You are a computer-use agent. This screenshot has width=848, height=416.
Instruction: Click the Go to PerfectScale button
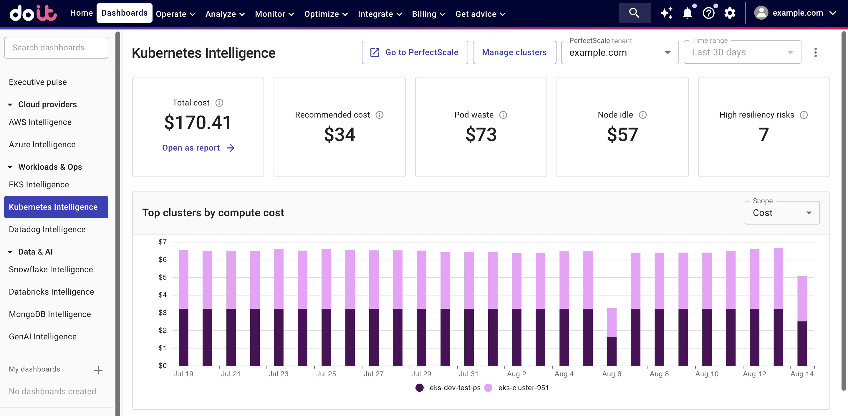pyautogui.click(x=415, y=52)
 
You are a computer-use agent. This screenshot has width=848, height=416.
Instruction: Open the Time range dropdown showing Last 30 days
pyautogui.click(x=742, y=52)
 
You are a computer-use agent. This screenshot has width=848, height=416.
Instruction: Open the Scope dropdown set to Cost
pyautogui.click(x=782, y=213)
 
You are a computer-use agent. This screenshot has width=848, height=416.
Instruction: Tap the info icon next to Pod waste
pyautogui.click(x=503, y=115)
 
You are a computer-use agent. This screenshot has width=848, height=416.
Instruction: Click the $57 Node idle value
pyautogui.click(x=622, y=134)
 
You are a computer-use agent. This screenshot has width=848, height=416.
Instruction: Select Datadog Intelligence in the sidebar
pyautogui.click(x=47, y=229)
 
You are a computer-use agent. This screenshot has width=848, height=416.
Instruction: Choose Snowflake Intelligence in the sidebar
pyautogui.click(x=51, y=270)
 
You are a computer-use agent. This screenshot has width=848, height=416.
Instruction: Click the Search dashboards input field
pyautogui.click(x=56, y=48)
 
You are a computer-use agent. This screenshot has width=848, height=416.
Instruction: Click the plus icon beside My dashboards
pyautogui.click(x=98, y=370)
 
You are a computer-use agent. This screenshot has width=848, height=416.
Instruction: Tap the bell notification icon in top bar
pyautogui.click(x=687, y=14)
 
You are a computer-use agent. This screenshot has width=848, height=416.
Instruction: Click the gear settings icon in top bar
pyautogui.click(x=730, y=14)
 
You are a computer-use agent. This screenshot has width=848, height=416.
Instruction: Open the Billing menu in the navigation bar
pyautogui.click(x=428, y=14)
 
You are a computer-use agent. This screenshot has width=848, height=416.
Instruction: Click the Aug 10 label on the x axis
pyautogui.click(x=707, y=374)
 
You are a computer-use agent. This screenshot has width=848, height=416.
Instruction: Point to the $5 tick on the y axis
pyautogui.click(x=162, y=277)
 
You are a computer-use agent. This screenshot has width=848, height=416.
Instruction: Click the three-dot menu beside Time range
pyautogui.click(x=815, y=52)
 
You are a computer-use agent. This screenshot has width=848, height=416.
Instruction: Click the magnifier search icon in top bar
pyautogui.click(x=634, y=13)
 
